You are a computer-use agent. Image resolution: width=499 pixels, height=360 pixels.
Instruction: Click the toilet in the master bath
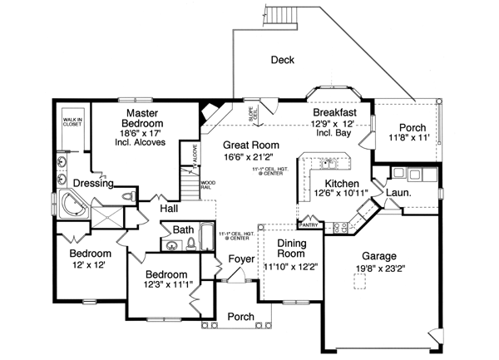pyautogui.click(x=126, y=196)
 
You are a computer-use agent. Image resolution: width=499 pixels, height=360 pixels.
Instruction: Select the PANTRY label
pyautogui.click(x=309, y=224)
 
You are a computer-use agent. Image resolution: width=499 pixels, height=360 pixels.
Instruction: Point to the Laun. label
pyautogui.click(x=396, y=194)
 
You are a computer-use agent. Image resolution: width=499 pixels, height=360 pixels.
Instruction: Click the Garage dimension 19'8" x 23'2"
pyautogui.click(x=378, y=268)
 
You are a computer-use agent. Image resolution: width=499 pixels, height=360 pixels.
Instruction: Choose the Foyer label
pyautogui.click(x=241, y=260)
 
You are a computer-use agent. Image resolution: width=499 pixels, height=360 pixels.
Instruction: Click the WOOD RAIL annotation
pyautogui.click(x=208, y=185)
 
